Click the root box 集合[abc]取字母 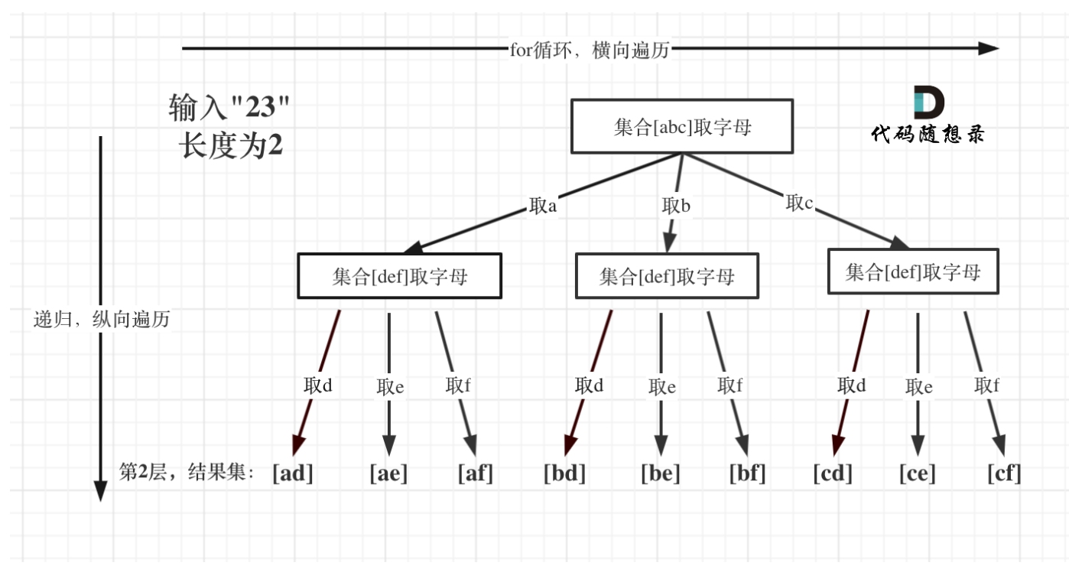(x=682, y=126)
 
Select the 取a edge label (x=542, y=206)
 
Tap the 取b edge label (x=676, y=205)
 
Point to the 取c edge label (x=800, y=203)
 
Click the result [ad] (x=293, y=473)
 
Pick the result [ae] (x=388, y=473)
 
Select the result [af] (x=475, y=473)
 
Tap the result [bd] (x=564, y=473)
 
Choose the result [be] (x=660, y=473)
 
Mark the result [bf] (x=747, y=473)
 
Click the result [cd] (x=832, y=473)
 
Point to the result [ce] (x=917, y=473)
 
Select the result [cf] (x=1004, y=473)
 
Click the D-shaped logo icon (x=928, y=102)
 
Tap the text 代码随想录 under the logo (x=928, y=135)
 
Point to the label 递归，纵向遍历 (x=102, y=320)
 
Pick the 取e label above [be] (x=661, y=387)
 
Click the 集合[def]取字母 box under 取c (x=913, y=272)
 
